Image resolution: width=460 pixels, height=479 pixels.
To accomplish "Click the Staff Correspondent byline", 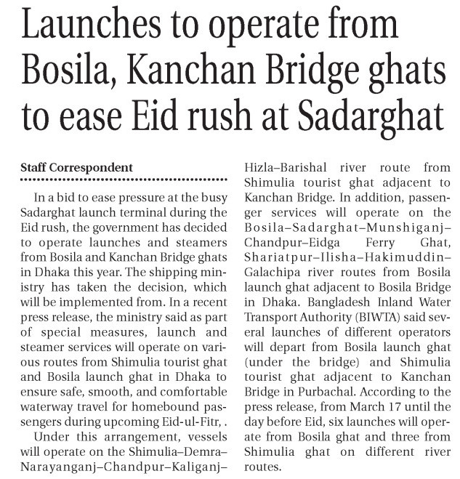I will tap(76, 168).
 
